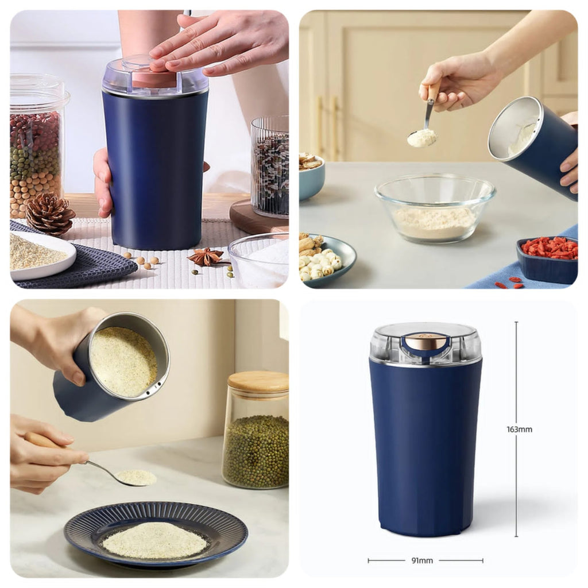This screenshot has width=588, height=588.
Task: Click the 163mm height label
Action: click(519, 429)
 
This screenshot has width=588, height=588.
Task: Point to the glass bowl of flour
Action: click(435, 208)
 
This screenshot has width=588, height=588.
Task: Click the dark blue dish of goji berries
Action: click(547, 257)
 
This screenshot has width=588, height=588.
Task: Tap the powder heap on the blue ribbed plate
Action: click(155, 539)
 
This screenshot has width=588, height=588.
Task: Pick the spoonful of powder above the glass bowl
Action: click(422, 138)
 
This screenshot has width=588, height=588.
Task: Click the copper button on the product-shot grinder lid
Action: click(425, 343)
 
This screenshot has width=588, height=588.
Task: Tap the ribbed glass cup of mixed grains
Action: click(269, 167)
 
